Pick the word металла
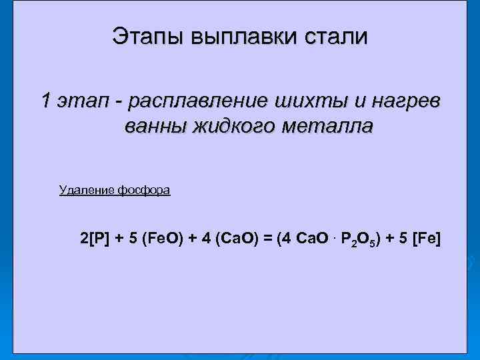(326, 126)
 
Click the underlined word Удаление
(87, 190)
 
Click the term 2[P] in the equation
(93, 238)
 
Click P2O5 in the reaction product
(359, 239)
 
